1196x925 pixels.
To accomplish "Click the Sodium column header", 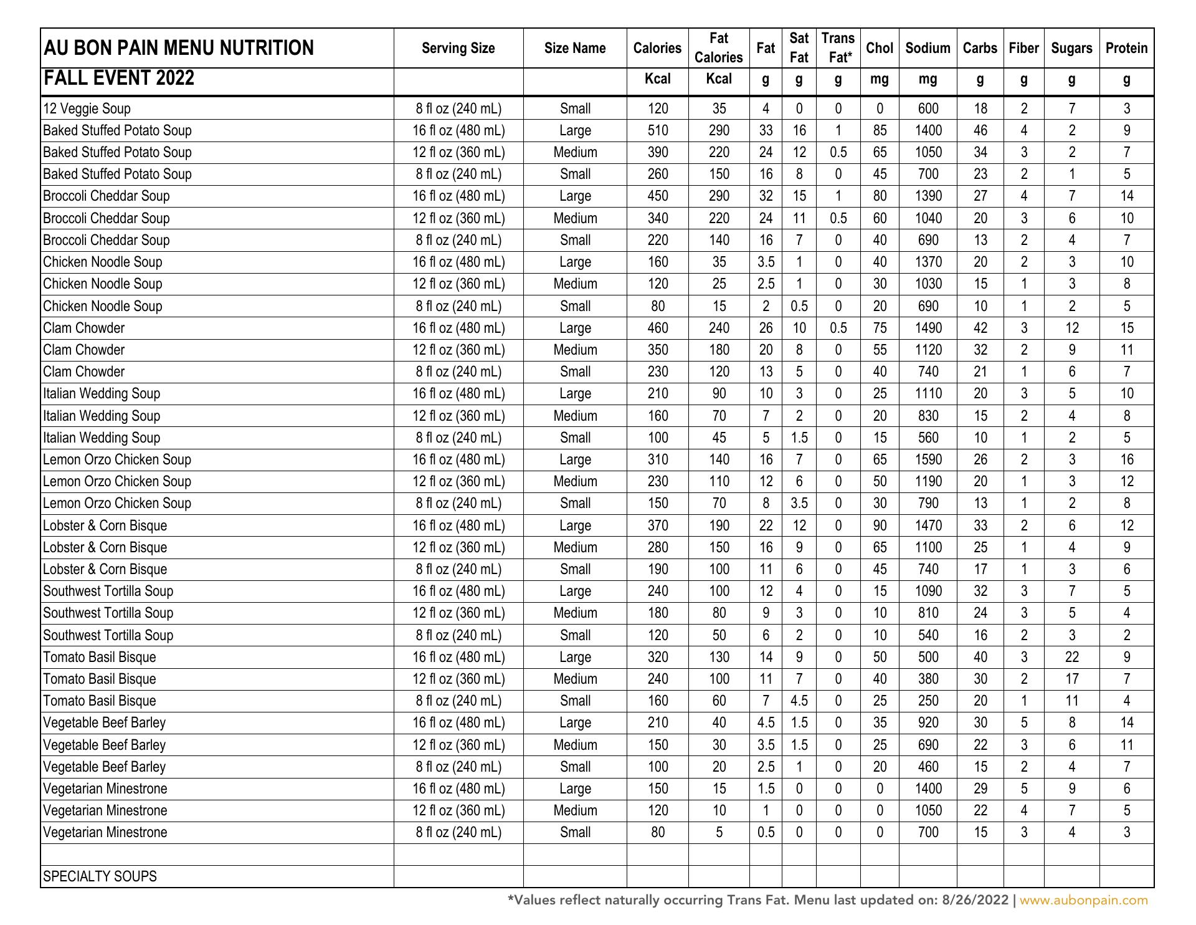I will click(928, 48).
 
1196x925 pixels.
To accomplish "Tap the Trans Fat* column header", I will click(838, 48).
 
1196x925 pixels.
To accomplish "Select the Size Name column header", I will click(574, 48).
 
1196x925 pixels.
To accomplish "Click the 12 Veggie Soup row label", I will click(87, 108).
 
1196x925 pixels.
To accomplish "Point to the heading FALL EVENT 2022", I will click(118, 79).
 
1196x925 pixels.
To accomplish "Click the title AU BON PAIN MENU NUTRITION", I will click(178, 48).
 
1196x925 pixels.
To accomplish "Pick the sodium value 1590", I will click(928, 459).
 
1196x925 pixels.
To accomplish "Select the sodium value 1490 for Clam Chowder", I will click(928, 328).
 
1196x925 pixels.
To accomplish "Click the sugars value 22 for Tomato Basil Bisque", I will click(1071, 657).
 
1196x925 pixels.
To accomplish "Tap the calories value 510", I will click(657, 130).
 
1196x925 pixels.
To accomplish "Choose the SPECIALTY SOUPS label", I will click(100, 876).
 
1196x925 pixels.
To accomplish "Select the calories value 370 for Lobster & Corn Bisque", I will click(657, 525).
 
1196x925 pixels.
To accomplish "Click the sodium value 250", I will click(928, 701).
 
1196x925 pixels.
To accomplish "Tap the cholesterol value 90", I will click(879, 525).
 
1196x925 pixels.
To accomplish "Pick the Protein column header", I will click(1126, 48).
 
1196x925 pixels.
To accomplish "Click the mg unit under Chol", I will click(879, 79).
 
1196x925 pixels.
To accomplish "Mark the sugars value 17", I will click(1071, 679).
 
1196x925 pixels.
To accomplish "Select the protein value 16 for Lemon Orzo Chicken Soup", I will click(1126, 459).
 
